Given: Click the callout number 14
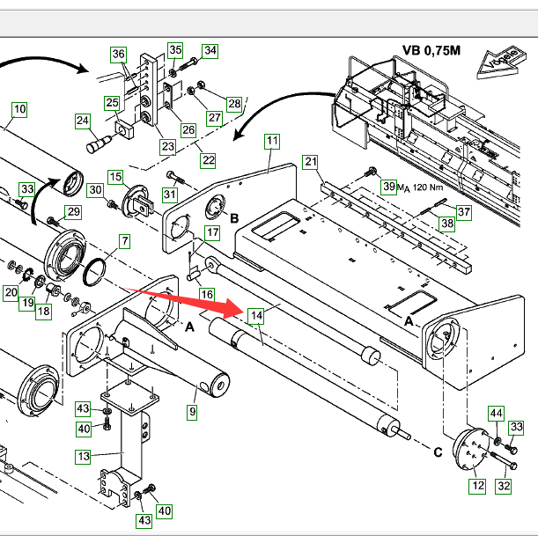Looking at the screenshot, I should click(x=255, y=314).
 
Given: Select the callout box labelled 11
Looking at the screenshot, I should click(x=272, y=141).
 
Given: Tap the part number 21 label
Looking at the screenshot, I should click(x=310, y=161).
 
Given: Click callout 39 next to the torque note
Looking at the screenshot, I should click(x=388, y=186).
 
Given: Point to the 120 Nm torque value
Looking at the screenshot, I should click(x=426, y=187).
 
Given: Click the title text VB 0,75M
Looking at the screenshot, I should click(x=431, y=50).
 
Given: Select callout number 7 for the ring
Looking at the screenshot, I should click(x=124, y=240).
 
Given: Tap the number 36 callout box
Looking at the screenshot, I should click(x=119, y=55).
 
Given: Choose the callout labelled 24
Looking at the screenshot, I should click(x=83, y=120).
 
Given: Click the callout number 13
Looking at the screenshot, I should click(x=83, y=456).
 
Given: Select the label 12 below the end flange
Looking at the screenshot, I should click(x=476, y=485).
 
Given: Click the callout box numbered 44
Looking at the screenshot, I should click(x=497, y=413).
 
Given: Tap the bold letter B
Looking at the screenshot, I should click(x=234, y=217).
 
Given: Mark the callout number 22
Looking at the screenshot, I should click(x=208, y=160).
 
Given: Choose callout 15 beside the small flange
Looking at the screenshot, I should click(x=115, y=177).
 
